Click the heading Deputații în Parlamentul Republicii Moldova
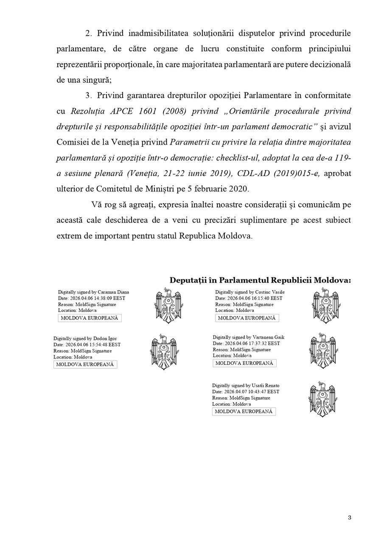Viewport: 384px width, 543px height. coord(260,280)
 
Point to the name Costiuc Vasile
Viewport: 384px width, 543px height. coord(270,292)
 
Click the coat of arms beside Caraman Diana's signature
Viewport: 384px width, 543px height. coord(166,305)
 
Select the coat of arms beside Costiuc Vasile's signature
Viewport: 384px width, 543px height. coord(325,305)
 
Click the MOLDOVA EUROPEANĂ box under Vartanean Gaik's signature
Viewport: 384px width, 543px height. coord(244,363)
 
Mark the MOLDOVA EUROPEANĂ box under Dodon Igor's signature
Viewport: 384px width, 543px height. coord(85,364)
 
